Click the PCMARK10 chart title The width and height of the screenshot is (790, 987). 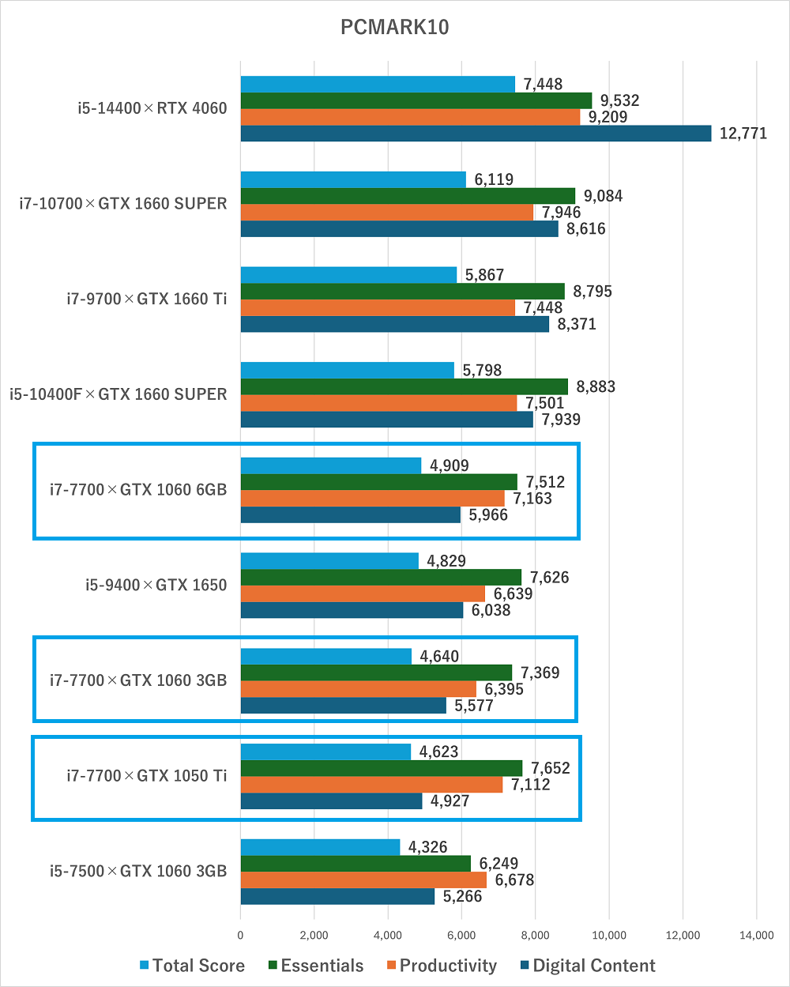394,27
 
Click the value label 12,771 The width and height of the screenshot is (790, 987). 743,134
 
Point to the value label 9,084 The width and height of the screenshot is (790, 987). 602,196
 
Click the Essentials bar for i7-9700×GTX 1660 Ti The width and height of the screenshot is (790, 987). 402,292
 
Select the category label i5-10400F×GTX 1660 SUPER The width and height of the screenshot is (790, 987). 118,394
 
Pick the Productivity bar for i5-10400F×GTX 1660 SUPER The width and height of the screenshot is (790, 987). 378,403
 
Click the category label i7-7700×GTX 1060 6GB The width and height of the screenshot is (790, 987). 137,490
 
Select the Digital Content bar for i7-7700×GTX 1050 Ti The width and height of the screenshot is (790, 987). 331,801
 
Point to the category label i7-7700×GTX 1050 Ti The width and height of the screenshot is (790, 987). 146,776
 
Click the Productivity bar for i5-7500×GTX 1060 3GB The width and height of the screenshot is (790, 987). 363,880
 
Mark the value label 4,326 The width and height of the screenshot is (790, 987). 427,847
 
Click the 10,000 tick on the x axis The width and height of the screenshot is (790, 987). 608,935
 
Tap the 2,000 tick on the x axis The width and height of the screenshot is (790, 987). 314,935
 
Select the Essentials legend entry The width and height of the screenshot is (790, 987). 316,966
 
